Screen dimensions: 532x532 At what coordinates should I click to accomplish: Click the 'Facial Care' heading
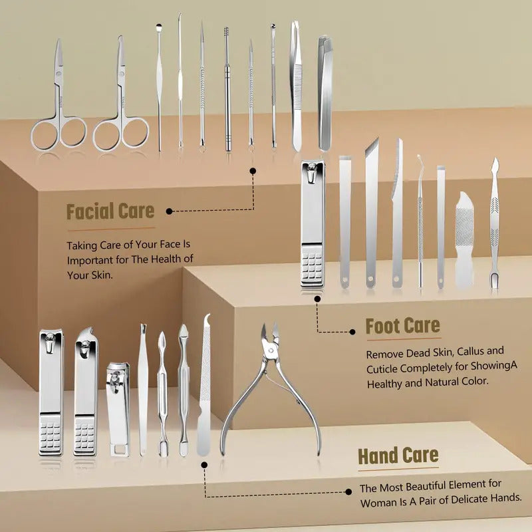click(110, 211)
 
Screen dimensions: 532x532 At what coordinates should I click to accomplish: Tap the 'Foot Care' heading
click(403, 326)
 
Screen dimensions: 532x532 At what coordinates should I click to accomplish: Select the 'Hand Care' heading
click(398, 456)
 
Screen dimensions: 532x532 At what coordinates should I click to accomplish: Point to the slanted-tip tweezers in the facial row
click(324, 93)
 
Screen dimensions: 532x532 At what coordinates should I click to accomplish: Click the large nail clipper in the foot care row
click(313, 224)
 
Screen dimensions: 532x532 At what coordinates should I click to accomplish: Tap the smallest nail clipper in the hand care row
click(118, 409)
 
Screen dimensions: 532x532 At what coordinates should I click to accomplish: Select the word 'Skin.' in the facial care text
click(102, 275)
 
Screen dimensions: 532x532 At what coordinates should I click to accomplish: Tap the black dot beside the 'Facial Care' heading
click(170, 211)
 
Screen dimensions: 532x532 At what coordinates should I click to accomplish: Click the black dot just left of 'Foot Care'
click(352, 332)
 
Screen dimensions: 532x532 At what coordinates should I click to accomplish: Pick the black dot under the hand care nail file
click(204, 465)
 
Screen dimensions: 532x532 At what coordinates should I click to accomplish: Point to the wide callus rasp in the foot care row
click(464, 239)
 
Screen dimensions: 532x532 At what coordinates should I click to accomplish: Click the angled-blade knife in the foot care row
click(371, 213)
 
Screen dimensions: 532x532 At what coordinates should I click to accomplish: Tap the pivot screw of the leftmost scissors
click(59, 72)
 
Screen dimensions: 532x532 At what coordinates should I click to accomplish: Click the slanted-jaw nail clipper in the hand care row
click(86, 392)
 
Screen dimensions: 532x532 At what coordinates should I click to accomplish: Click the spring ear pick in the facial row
click(227, 89)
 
